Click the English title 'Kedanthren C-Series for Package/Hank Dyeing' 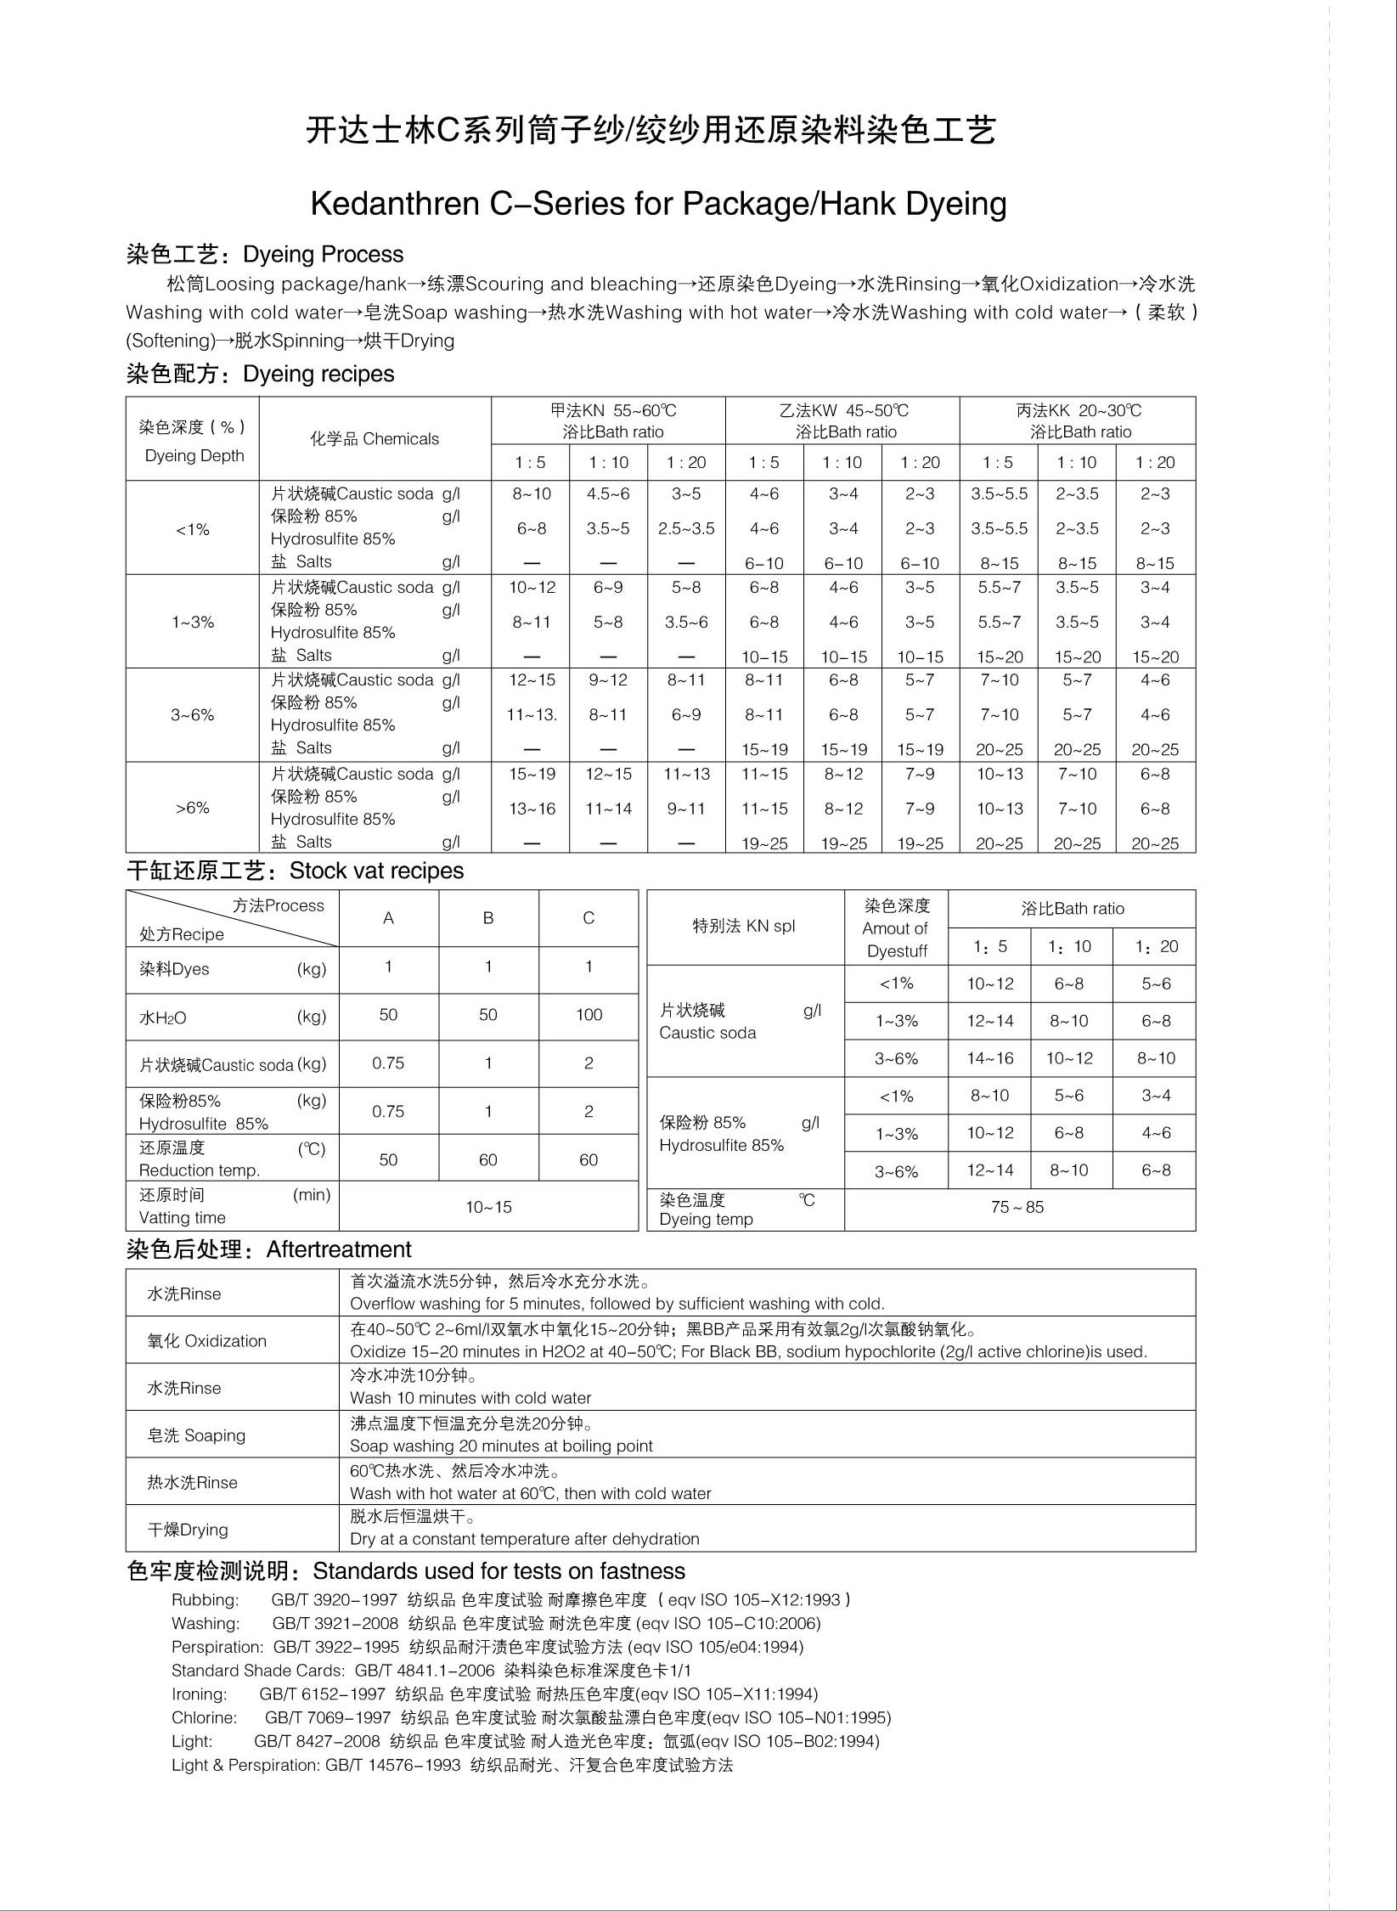[x=658, y=204]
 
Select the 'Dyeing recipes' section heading [x=318, y=375]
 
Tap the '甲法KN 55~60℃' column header [x=612, y=411]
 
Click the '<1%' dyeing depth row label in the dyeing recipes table [x=193, y=530]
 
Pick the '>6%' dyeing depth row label [x=193, y=808]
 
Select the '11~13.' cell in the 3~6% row [x=532, y=715]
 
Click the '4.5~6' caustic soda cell [x=608, y=494]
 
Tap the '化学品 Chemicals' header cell [x=375, y=439]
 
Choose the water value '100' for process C [x=589, y=1015]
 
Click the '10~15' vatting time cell [x=488, y=1207]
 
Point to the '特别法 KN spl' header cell [x=744, y=927]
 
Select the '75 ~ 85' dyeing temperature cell [x=1017, y=1208]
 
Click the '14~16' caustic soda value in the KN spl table [x=990, y=1058]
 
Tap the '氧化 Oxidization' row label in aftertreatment [x=207, y=1341]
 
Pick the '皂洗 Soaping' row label [x=197, y=1435]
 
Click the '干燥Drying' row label [x=188, y=1530]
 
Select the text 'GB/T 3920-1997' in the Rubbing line [x=335, y=1600]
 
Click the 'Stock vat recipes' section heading [x=376, y=871]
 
